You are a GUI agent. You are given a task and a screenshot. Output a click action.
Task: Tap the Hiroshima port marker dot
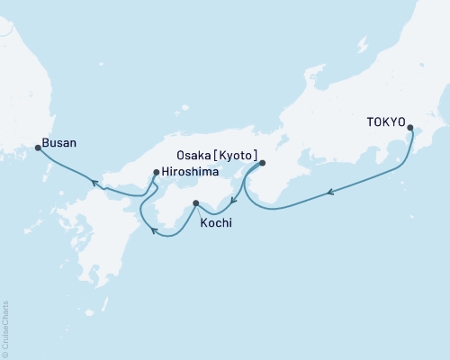pyautogui.click(x=156, y=172)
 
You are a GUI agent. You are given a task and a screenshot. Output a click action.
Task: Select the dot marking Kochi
pyautogui.click(x=195, y=203)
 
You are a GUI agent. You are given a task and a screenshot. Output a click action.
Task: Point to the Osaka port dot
pyautogui.click(x=262, y=164)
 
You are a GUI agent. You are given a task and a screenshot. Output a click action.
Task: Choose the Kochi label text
pyautogui.click(x=214, y=221)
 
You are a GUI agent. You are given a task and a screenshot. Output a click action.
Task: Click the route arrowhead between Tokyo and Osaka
pyautogui.click(x=332, y=191)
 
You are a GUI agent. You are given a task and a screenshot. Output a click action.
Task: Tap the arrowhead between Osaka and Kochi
pyautogui.click(x=233, y=201)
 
